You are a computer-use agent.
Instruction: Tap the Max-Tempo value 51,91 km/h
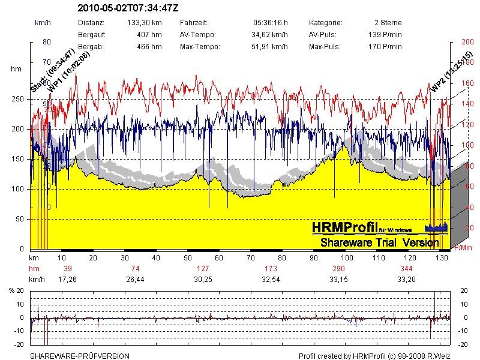(x=269, y=46)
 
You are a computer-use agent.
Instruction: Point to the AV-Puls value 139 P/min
(x=385, y=34)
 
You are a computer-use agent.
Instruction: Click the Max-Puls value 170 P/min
(x=385, y=46)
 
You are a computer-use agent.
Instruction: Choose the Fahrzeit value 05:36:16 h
(x=271, y=22)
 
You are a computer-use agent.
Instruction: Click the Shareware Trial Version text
(x=379, y=242)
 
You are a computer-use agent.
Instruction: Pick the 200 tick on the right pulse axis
(x=466, y=42)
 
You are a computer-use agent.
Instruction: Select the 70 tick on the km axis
(x=250, y=257)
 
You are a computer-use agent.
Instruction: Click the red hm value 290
(x=339, y=268)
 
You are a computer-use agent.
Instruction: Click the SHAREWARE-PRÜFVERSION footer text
(x=80, y=356)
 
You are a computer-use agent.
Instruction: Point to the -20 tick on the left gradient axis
(x=19, y=344)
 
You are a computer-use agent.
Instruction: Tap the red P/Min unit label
(x=463, y=248)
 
